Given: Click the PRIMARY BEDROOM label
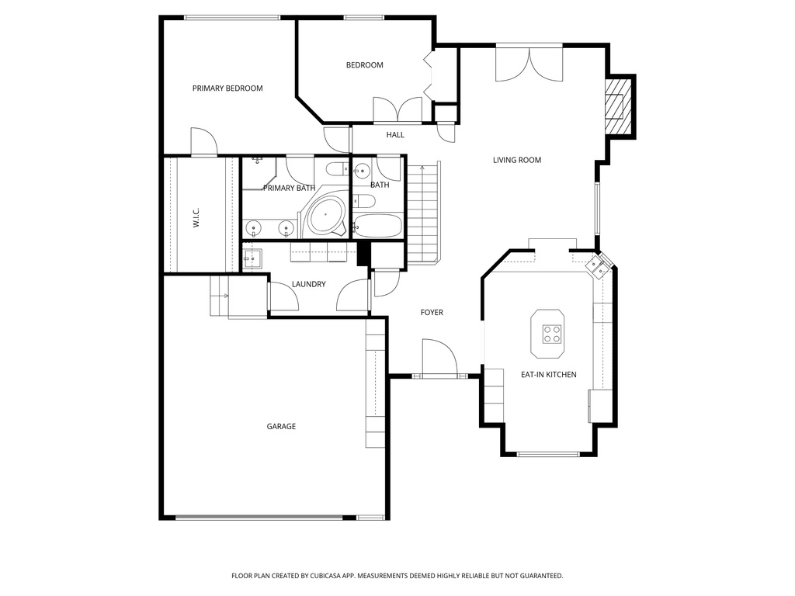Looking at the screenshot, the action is point(227,88).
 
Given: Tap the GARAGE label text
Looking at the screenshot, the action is point(281,427).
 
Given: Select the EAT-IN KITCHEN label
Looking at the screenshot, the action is point(549,375).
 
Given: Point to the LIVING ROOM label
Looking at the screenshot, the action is point(517,160).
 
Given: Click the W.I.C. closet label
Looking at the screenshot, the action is point(196,217).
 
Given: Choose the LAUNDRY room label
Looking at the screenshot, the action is point(309,284).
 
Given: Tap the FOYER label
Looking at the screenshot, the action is point(432,313).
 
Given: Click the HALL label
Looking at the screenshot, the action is point(395,135).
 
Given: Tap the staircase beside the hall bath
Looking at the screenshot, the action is point(423,212).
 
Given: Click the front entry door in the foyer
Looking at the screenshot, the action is point(439,358).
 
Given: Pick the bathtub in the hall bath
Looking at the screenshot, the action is point(377,226).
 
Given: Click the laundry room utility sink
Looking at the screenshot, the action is point(252,259).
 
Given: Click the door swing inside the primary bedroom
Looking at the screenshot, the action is point(204,140).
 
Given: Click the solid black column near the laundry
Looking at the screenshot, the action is point(363,253).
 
